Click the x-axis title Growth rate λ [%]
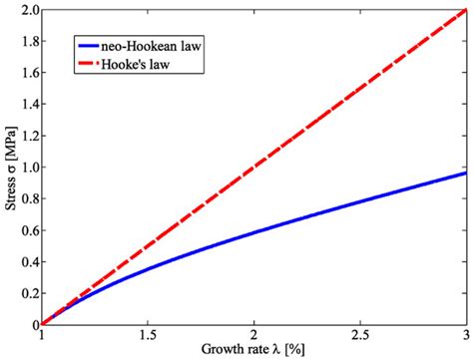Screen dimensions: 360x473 (254, 352)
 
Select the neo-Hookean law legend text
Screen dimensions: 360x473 (160, 45)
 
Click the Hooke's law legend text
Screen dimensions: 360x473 (147, 66)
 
